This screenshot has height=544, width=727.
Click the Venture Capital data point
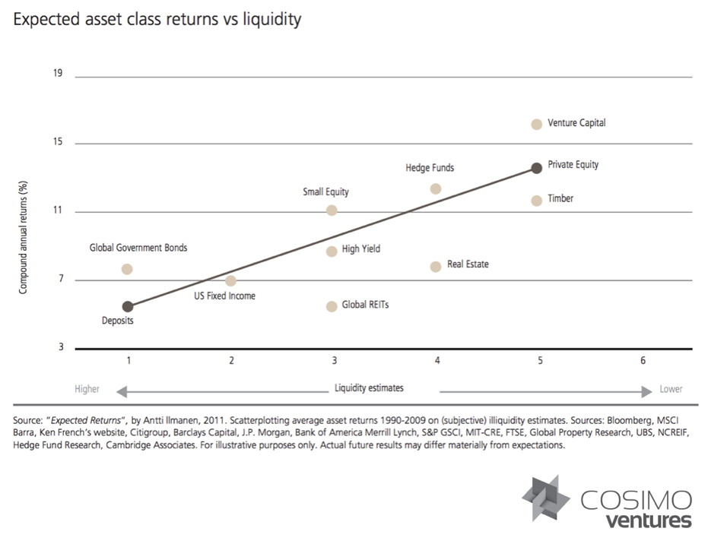536,124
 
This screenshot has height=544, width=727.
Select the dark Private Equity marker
536,167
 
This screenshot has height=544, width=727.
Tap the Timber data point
536,201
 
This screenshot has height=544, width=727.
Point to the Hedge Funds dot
436,188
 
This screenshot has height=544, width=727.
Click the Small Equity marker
332,210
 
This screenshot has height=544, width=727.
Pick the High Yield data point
332,251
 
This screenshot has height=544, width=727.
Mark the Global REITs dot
332,306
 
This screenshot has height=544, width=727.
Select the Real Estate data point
436,266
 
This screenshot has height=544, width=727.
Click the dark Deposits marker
128,306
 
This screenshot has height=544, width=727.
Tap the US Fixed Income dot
231,280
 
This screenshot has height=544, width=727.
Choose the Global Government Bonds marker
128,269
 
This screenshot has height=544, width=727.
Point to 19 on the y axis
58,74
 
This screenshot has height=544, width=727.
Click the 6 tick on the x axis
643,360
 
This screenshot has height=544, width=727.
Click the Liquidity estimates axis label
369,388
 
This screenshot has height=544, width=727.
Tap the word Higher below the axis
87,389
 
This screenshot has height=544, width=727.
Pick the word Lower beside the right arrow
671,389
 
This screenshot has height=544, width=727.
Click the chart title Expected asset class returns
157,19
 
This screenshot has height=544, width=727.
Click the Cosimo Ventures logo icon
546,499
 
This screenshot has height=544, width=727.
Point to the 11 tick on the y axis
58,210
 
